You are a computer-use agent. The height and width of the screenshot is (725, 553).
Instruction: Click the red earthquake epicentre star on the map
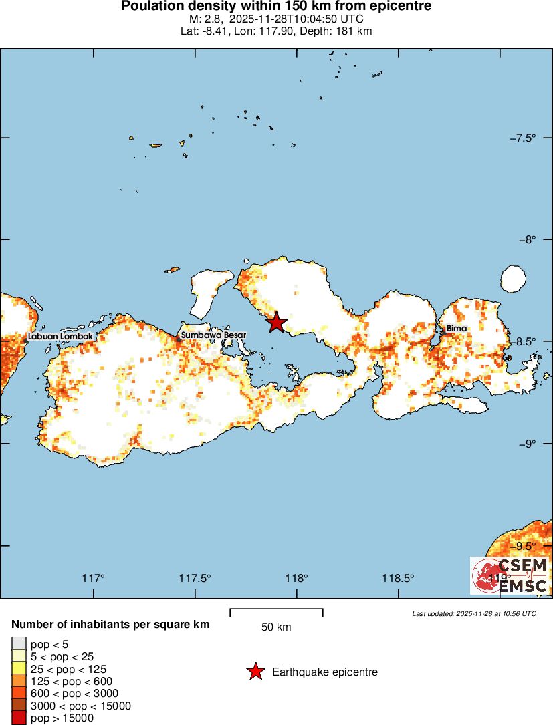click(276, 322)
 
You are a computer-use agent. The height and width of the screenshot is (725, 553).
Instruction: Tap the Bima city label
click(457, 329)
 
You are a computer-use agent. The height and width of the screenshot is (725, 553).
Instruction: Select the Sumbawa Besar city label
click(214, 335)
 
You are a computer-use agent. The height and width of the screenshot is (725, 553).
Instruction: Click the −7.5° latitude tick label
click(522, 138)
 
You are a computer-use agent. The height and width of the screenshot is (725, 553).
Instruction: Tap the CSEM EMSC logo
click(510, 576)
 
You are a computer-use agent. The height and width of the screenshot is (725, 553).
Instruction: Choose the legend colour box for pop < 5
click(18, 645)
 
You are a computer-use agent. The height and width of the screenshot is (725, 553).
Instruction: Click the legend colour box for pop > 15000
click(18, 718)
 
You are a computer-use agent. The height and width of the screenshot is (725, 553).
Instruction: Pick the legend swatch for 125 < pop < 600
click(18, 682)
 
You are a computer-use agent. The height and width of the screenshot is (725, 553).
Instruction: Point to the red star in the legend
click(255, 672)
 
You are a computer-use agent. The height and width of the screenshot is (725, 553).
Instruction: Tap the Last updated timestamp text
click(474, 613)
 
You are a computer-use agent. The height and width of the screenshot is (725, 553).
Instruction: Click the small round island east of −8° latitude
click(513, 278)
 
